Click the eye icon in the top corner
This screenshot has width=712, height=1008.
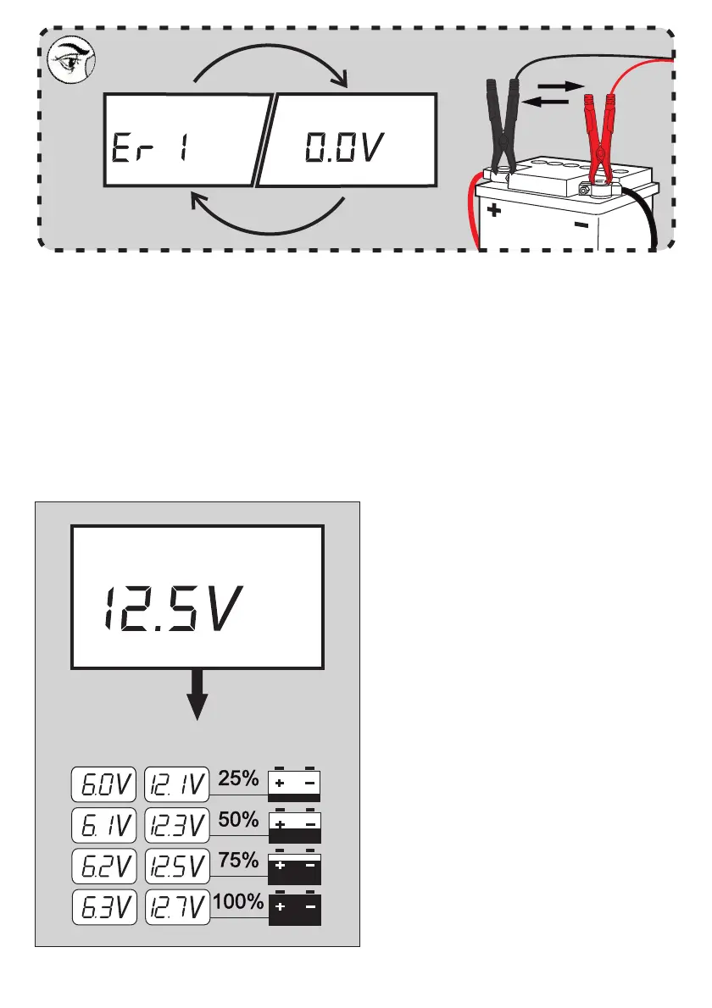tap(70, 62)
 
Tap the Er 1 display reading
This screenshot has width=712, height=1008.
tap(153, 151)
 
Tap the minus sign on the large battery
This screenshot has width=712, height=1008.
tap(581, 225)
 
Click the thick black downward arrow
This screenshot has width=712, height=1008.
tap(197, 695)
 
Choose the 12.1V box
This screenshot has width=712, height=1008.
tap(177, 785)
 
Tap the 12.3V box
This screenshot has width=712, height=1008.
tap(177, 825)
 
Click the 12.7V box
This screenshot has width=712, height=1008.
tap(177, 907)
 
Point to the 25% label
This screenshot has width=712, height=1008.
tap(238, 778)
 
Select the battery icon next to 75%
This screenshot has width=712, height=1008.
tap(295, 867)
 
